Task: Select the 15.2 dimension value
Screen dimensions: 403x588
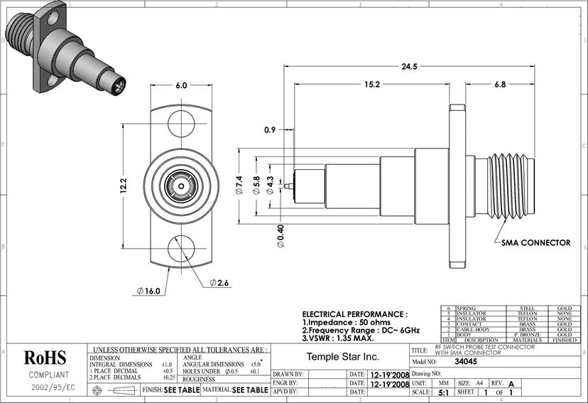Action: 372,84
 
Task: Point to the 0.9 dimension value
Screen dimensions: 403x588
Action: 270,130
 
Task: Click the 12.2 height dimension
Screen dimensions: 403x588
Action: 122,187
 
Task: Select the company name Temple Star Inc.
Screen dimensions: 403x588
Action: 342,356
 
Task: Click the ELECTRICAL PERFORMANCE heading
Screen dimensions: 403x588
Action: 354,313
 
